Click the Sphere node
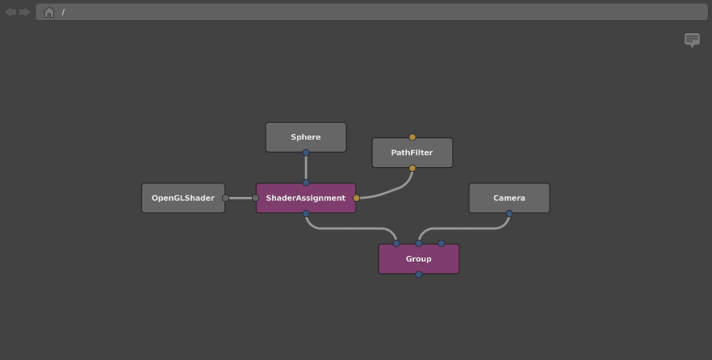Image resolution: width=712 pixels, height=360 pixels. point(306,137)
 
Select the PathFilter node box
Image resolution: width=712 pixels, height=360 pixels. point(413,153)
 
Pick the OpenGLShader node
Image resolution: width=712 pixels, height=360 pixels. point(183,198)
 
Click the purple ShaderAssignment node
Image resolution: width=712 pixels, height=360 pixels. point(306,198)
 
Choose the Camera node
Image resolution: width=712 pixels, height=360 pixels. point(509,198)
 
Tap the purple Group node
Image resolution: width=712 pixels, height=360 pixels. point(419,259)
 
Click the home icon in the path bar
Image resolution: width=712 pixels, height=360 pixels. point(49,12)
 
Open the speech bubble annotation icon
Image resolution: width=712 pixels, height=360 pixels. point(692,40)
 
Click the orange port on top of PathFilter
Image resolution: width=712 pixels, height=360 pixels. point(413,137)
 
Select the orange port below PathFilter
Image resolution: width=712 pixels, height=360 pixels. point(413,169)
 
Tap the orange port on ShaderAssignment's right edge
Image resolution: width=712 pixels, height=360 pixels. point(357,198)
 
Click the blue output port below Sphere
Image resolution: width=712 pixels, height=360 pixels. point(306,153)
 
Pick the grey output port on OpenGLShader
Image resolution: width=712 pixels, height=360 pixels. point(226,198)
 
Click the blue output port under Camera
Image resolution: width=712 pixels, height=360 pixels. point(509,213)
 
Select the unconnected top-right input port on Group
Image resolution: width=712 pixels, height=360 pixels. point(441,244)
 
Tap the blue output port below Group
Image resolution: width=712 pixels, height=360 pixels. point(419,274)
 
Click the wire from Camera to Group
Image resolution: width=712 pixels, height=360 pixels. point(463,228)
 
